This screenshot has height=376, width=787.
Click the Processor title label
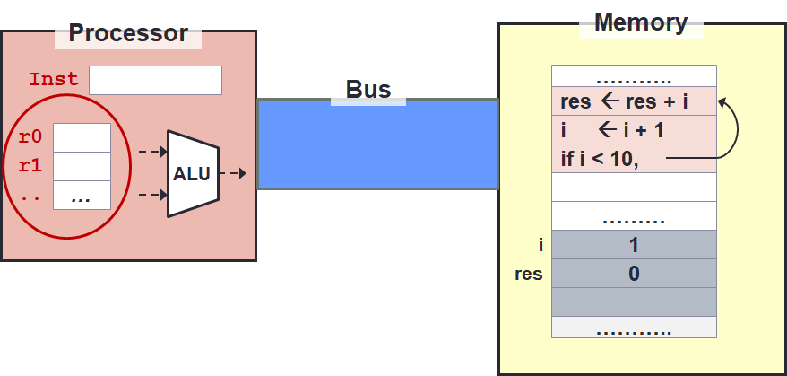[x=128, y=34]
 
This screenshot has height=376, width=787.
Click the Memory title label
[x=641, y=22]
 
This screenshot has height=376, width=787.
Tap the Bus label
[x=368, y=90]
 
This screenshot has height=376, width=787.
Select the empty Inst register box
[x=155, y=80]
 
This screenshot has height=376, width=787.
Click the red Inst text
[x=54, y=80]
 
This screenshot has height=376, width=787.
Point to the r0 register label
[x=30, y=138]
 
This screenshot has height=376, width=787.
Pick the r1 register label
[x=30, y=166]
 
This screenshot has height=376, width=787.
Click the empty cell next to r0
[x=82, y=138]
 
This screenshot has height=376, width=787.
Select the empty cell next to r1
[x=82, y=166]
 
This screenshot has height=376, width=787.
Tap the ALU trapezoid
[x=192, y=173]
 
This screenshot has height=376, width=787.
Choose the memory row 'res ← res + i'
[x=634, y=101]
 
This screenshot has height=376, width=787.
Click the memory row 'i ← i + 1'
[x=634, y=130]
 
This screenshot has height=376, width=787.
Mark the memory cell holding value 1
[x=634, y=245]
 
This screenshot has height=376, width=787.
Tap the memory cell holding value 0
[x=634, y=274]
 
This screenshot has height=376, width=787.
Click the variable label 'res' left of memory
[x=528, y=274]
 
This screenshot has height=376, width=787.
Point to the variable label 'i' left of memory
[x=541, y=245]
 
